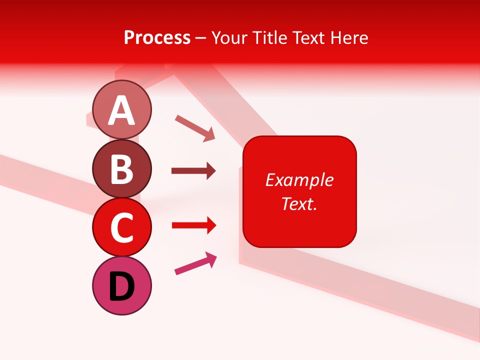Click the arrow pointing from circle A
[194, 127]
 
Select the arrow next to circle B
[193, 171]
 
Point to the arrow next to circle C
[193, 226]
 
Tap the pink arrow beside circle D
[195, 263]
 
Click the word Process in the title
[157, 38]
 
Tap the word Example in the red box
[299, 180]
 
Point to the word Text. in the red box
[299, 203]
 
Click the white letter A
[122, 110]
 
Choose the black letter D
[122, 287]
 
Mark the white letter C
[122, 228]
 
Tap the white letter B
[122, 169]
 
